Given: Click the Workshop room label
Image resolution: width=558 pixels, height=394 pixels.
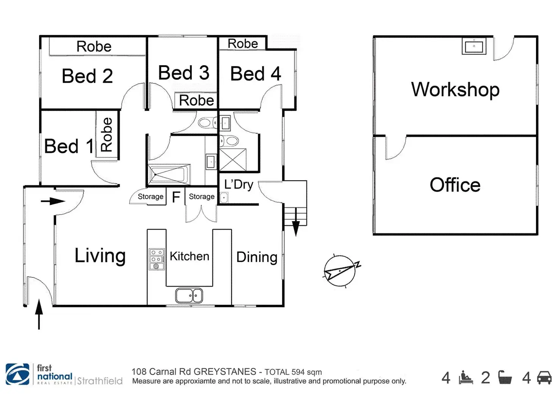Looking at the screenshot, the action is click(455, 90).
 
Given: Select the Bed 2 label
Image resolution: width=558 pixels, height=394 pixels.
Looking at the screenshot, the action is click(87, 76).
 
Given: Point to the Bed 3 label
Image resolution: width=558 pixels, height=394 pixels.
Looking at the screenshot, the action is click(183, 73).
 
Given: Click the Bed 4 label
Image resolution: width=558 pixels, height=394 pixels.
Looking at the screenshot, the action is click(255, 74).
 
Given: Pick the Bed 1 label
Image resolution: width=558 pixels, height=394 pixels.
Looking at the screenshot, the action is click(69, 146).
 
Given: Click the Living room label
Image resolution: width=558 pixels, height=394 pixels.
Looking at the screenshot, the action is click(100, 256).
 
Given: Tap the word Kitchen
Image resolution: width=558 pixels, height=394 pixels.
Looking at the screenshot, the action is click(189, 256).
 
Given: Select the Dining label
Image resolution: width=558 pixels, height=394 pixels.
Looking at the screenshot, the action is click(257, 257).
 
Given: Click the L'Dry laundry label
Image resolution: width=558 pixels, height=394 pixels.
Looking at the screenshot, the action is click(239, 184).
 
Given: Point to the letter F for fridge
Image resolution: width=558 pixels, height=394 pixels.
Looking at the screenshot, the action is click(176, 197).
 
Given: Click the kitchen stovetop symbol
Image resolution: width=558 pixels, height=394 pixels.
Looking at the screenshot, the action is click(157, 259).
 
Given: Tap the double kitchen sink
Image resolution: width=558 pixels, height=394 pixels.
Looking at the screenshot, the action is click(189, 296).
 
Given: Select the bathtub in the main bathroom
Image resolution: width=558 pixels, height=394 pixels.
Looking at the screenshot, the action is click(169, 174).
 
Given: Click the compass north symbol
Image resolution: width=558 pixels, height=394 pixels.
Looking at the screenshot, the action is click(342, 271).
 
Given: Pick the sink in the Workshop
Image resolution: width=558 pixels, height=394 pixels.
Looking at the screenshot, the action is click(474, 46).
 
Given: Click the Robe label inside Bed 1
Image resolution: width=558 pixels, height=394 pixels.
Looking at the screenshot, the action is click(107, 135).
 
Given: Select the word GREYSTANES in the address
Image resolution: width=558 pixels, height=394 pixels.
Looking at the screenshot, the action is click(225, 372).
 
